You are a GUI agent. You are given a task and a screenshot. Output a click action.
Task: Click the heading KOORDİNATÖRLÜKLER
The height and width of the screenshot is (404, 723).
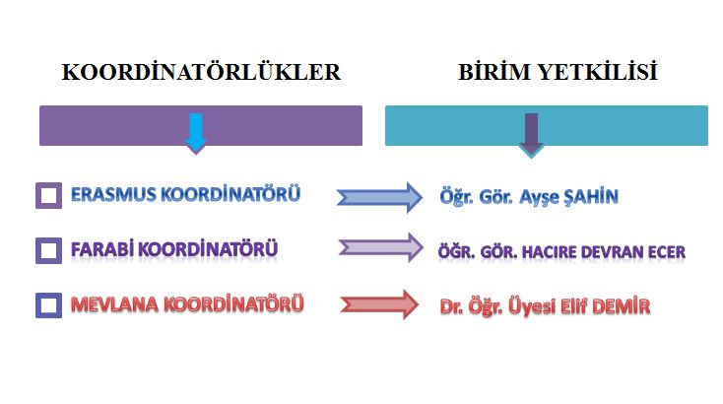201,72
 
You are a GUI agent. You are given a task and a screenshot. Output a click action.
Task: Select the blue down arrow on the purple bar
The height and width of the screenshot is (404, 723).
196,133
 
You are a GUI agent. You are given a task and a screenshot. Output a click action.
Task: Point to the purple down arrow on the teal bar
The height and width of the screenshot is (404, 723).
531,135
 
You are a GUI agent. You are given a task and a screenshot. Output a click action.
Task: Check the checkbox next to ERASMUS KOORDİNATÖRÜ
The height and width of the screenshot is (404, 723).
49,195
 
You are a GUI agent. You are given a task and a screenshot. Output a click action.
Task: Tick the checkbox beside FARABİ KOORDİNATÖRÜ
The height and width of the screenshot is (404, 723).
49,250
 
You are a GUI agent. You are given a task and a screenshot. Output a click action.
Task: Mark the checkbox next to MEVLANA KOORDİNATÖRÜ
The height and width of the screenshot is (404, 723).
49,305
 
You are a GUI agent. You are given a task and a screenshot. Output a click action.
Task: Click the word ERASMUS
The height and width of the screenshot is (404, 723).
113,195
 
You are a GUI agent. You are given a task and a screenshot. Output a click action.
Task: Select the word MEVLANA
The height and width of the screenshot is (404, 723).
114,304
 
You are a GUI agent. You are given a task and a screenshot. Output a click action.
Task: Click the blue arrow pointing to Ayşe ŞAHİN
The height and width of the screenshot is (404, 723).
379,197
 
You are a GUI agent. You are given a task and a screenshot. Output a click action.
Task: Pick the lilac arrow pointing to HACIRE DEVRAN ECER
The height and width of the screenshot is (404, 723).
381,247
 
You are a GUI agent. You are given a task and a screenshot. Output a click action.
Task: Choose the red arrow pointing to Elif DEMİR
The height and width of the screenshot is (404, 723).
379,304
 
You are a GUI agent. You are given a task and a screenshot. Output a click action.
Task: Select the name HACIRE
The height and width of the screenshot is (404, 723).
549,252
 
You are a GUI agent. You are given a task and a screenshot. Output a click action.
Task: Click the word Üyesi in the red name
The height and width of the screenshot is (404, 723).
532,307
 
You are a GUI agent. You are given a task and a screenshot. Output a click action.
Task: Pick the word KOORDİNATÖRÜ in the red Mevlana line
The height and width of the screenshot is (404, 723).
233,304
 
